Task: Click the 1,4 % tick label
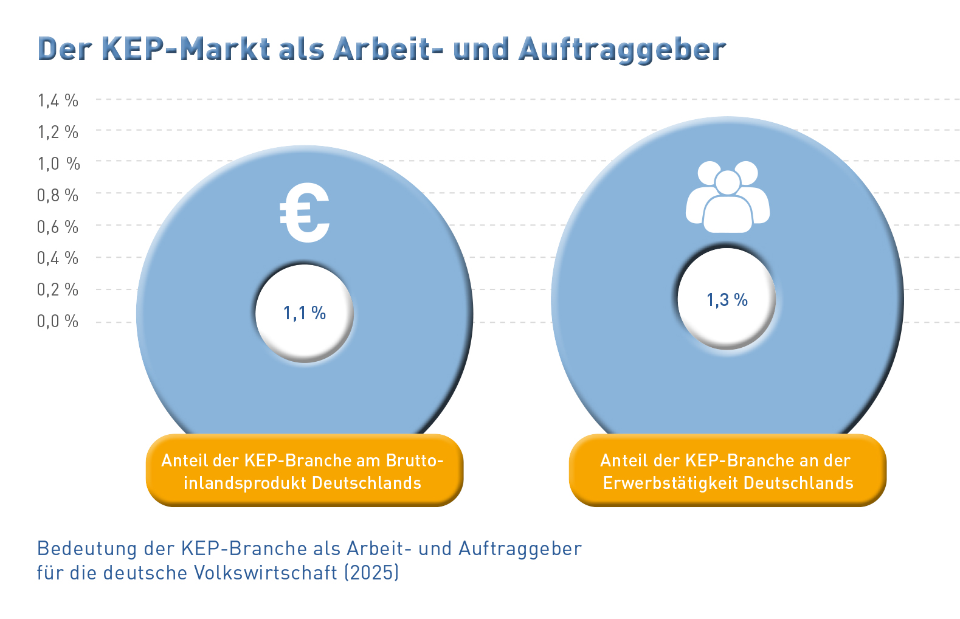[x=58, y=100]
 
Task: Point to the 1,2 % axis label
[x=58, y=132]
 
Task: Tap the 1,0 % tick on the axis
[x=59, y=164]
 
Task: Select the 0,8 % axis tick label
[x=58, y=195]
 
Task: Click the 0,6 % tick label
[x=58, y=227]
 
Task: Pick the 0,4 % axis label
[x=58, y=258]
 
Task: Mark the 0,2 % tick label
[x=58, y=290]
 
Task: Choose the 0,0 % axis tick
[x=58, y=321]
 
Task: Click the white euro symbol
[x=305, y=213]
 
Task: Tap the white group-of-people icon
[x=728, y=197]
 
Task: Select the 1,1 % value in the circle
[x=304, y=313]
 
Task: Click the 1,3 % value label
[x=727, y=300]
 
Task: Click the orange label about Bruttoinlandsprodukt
[x=304, y=471]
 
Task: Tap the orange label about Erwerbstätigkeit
[x=727, y=471]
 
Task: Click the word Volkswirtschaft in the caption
[x=266, y=573]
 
